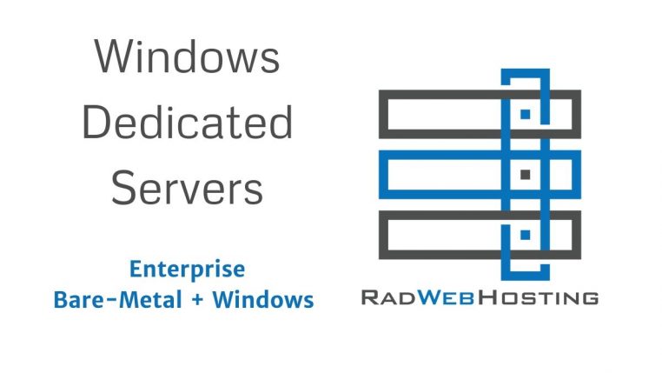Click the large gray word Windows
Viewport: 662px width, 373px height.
[187, 57]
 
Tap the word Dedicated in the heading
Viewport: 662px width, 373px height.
[187, 122]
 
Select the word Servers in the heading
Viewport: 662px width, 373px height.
[187, 188]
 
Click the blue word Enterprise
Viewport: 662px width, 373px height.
[187, 270]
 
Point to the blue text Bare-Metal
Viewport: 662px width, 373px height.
[118, 299]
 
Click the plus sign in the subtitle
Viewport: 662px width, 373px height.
[197, 300]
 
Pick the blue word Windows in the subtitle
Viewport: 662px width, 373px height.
[263, 299]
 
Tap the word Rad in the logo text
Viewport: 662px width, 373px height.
[388, 297]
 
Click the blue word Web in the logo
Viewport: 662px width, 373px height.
[447, 297]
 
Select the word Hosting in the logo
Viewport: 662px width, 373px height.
[539, 297]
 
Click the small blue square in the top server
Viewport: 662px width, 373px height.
[526, 114]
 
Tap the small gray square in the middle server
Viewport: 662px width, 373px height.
[526, 175]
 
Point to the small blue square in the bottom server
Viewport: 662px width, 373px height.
[526, 235]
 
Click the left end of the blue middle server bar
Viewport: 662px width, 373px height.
[383, 175]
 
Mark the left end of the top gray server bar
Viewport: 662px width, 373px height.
[383, 114]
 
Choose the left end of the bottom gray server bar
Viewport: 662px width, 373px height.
[383, 235]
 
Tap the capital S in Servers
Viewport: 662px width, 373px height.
[123, 188]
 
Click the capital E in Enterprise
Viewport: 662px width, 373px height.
[136, 269]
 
